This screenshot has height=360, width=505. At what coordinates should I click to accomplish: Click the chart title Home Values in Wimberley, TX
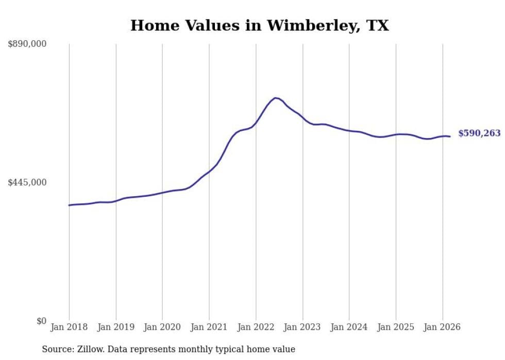point(259,26)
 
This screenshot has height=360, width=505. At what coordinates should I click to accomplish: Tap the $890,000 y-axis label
point(27,44)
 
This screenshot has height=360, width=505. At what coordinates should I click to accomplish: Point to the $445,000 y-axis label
point(27,182)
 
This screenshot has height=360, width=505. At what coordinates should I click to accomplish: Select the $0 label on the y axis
point(41,321)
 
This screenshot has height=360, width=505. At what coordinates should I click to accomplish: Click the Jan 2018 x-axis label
point(69,327)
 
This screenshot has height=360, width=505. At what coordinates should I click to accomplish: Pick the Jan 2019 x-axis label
point(115,327)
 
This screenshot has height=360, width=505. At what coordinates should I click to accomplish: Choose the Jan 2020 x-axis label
point(162,327)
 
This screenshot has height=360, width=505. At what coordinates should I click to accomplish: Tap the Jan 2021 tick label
point(209,327)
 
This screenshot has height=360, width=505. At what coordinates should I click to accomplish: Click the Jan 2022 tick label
point(256,327)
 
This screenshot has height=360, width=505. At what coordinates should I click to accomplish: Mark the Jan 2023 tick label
point(302,327)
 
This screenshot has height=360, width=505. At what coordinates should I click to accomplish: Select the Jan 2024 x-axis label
point(349,327)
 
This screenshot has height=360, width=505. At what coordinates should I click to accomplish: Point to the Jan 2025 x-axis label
point(396,327)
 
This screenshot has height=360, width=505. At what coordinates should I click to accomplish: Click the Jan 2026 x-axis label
point(442,327)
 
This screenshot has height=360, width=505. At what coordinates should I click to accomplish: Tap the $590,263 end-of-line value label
point(479,133)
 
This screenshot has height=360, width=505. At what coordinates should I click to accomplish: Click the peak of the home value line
point(276,97)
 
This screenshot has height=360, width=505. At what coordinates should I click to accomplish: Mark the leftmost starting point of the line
point(69,205)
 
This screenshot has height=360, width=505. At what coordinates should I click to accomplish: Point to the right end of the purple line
point(450,136)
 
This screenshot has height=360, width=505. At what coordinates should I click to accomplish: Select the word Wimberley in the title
point(297,26)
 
